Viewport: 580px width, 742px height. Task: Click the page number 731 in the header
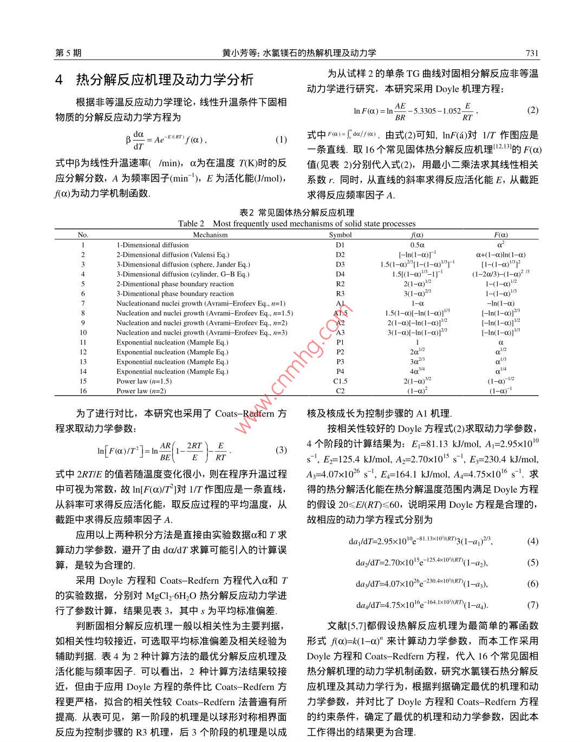pyautogui.click(x=532, y=52)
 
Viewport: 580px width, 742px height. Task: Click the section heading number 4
pyautogui.click(x=60, y=80)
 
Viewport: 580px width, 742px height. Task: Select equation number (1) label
pyautogui.click(x=281, y=140)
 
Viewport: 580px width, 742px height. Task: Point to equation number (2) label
pyautogui.click(x=532, y=110)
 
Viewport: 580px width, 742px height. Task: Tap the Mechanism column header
pyautogui.click(x=210, y=235)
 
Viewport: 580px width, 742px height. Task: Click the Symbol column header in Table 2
pyautogui.click(x=340, y=235)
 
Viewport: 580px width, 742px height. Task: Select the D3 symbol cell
pyautogui.click(x=340, y=264)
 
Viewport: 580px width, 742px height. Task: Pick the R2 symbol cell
pyautogui.click(x=340, y=284)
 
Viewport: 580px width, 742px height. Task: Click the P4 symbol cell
pyautogui.click(x=340, y=372)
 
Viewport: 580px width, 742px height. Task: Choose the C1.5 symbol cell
pyautogui.click(x=340, y=381)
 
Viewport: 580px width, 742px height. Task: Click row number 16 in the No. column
pyautogui.click(x=83, y=391)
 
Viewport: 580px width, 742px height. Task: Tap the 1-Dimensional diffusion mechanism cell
pyautogui.click(x=152, y=245)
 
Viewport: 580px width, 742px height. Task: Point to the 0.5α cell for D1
pyautogui.click(x=417, y=245)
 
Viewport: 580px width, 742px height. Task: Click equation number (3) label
pyautogui.click(x=281, y=450)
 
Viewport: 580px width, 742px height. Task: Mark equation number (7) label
pyautogui.click(x=532, y=605)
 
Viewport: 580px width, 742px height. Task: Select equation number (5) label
pyautogui.click(x=532, y=562)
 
